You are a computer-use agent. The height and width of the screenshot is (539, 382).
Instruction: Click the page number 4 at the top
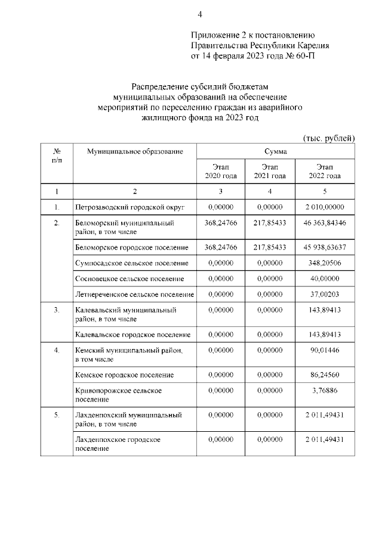(x=200, y=14)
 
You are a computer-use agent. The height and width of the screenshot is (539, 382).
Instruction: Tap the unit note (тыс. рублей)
(x=329, y=138)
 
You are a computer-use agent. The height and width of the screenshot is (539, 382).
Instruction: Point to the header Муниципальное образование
(x=134, y=152)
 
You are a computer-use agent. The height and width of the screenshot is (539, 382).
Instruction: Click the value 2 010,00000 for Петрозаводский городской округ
(x=325, y=207)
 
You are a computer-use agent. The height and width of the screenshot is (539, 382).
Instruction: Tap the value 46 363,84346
(x=325, y=223)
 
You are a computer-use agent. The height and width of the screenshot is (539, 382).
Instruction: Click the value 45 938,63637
(x=325, y=247)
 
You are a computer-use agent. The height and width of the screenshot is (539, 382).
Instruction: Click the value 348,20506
(x=325, y=263)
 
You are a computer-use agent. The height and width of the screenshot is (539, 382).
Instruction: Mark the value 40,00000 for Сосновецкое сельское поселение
(x=325, y=278)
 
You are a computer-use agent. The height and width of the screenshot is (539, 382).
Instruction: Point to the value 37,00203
(x=325, y=294)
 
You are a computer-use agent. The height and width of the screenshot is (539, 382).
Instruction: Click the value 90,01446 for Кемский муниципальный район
(x=325, y=350)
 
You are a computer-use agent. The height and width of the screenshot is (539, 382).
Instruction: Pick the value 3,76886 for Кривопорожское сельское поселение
(x=325, y=390)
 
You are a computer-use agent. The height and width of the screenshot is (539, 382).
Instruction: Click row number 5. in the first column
(x=57, y=414)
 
